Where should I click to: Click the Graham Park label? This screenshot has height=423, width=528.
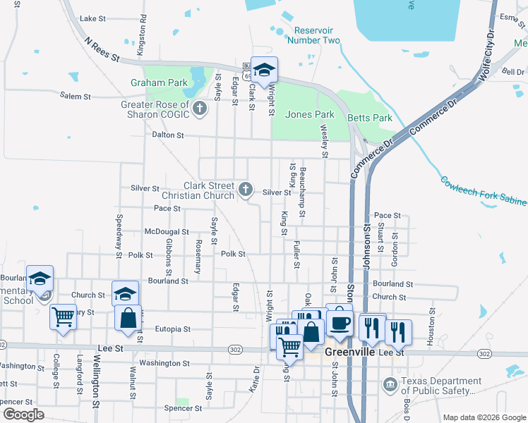click(x=159, y=82)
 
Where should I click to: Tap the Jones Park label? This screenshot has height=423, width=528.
click(x=309, y=114)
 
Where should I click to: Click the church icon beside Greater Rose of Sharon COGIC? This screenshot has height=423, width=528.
click(x=200, y=109)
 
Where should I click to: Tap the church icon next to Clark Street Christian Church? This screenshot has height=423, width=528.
click(x=246, y=188)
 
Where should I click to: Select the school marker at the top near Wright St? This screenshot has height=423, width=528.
click(x=265, y=70)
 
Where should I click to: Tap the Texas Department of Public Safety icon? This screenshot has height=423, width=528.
click(x=390, y=384)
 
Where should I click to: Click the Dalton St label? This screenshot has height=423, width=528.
click(x=167, y=135)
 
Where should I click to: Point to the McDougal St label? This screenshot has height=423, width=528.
click(x=166, y=231)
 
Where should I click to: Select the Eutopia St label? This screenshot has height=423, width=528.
click(x=167, y=329)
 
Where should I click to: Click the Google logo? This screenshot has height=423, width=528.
click(x=23, y=415)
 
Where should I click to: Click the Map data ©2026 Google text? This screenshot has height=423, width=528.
click(x=484, y=417)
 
